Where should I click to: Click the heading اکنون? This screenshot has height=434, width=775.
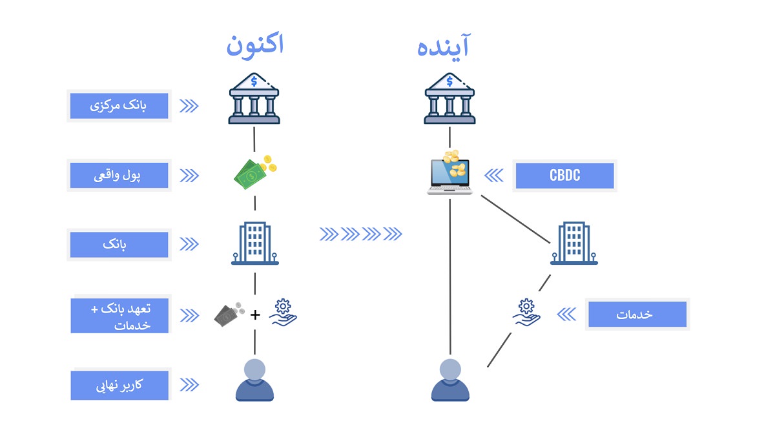(x=254, y=46)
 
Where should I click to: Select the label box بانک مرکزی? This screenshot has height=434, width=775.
(x=119, y=106)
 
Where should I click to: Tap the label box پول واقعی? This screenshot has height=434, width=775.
(x=119, y=175)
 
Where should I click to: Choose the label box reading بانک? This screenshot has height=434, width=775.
(x=119, y=245)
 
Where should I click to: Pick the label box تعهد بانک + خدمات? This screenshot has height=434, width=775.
(x=119, y=315)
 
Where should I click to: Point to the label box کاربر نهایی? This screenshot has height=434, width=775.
(x=119, y=385)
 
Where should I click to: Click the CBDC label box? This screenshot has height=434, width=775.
(x=564, y=176)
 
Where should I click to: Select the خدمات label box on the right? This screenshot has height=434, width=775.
(x=637, y=315)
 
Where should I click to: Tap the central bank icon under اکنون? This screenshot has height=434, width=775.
(x=254, y=98)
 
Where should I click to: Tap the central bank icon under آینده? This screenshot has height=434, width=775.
(x=449, y=98)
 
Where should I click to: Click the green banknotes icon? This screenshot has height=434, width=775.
(x=254, y=172)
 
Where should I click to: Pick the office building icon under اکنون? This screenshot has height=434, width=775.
(x=255, y=243)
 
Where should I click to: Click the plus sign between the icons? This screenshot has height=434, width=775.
(x=255, y=315)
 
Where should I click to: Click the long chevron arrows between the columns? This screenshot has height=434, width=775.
(x=361, y=234)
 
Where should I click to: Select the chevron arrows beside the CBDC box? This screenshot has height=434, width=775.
(x=493, y=176)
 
